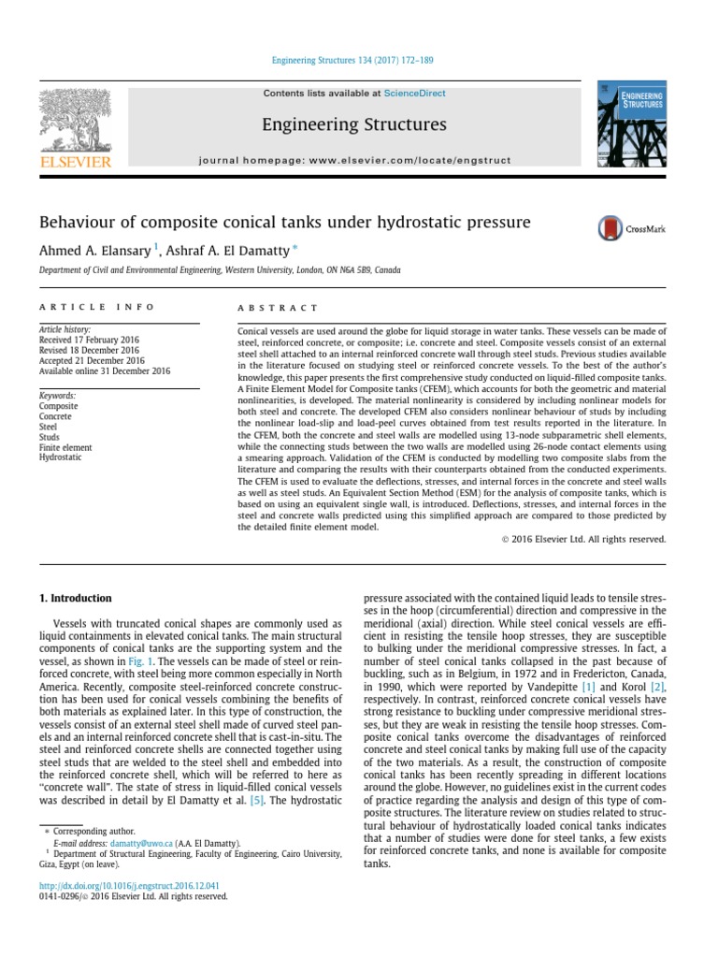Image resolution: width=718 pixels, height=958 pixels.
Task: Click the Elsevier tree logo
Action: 74,121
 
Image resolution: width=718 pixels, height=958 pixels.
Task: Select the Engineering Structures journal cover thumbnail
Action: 632,124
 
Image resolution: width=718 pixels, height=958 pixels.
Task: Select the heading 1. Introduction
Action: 75,598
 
